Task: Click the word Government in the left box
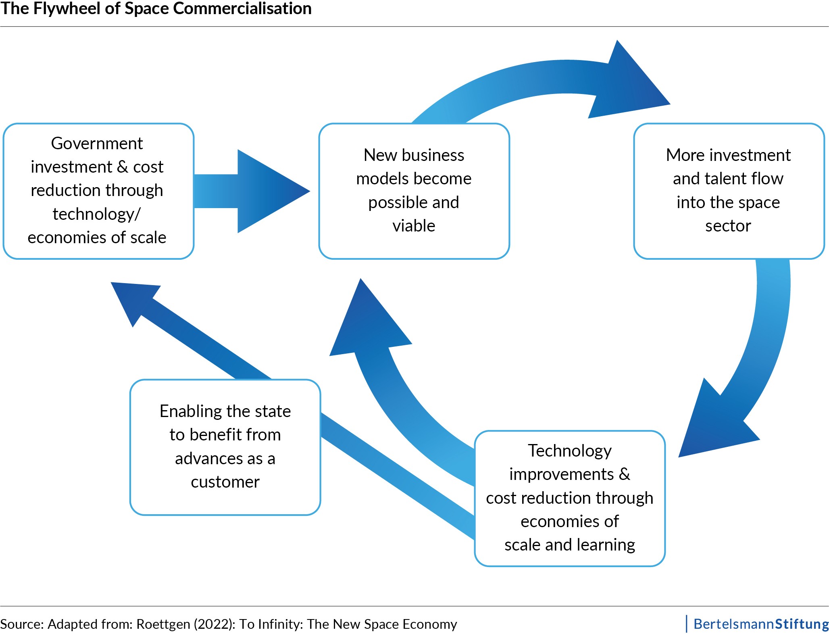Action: tap(97, 144)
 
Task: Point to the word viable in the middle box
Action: tap(414, 226)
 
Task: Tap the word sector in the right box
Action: tap(728, 226)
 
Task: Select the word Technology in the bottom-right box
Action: tap(570, 451)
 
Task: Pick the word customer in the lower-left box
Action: tap(225, 482)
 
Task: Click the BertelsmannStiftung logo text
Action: tap(761, 624)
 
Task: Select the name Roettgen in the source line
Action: tap(163, 624)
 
